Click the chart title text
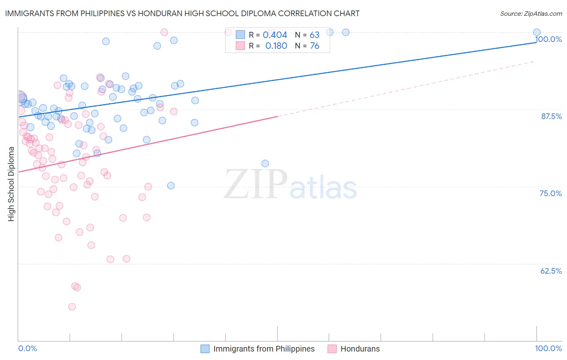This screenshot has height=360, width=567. (182, 13)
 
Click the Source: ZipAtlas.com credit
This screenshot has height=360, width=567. (531, 13)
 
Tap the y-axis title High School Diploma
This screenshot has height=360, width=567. (11, 184)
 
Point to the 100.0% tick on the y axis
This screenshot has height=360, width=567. (548, 39)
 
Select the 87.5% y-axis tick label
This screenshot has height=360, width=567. (551, 116)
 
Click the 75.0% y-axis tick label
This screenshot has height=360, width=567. (550, 193)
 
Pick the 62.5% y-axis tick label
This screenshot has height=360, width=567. (551, 271)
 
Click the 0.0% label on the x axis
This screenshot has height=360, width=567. (27, 348)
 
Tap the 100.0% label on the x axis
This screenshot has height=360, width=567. (548, 348)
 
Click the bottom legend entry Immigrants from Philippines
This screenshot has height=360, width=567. (264, 349)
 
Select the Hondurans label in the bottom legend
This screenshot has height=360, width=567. (360, 349)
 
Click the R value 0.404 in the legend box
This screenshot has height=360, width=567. (275, 35)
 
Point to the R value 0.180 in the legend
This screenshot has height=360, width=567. (276, 46)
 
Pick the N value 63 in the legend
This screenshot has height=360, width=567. (314, 35)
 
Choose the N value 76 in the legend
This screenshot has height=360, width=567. (314, 46)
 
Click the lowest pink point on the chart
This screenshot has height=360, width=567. (72, 307)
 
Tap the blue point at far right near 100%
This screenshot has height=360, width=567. (537, 32)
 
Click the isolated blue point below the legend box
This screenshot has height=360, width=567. (265, 163)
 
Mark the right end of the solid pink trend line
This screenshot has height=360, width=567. (277, 116)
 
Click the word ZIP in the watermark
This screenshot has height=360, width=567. (256, 185)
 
